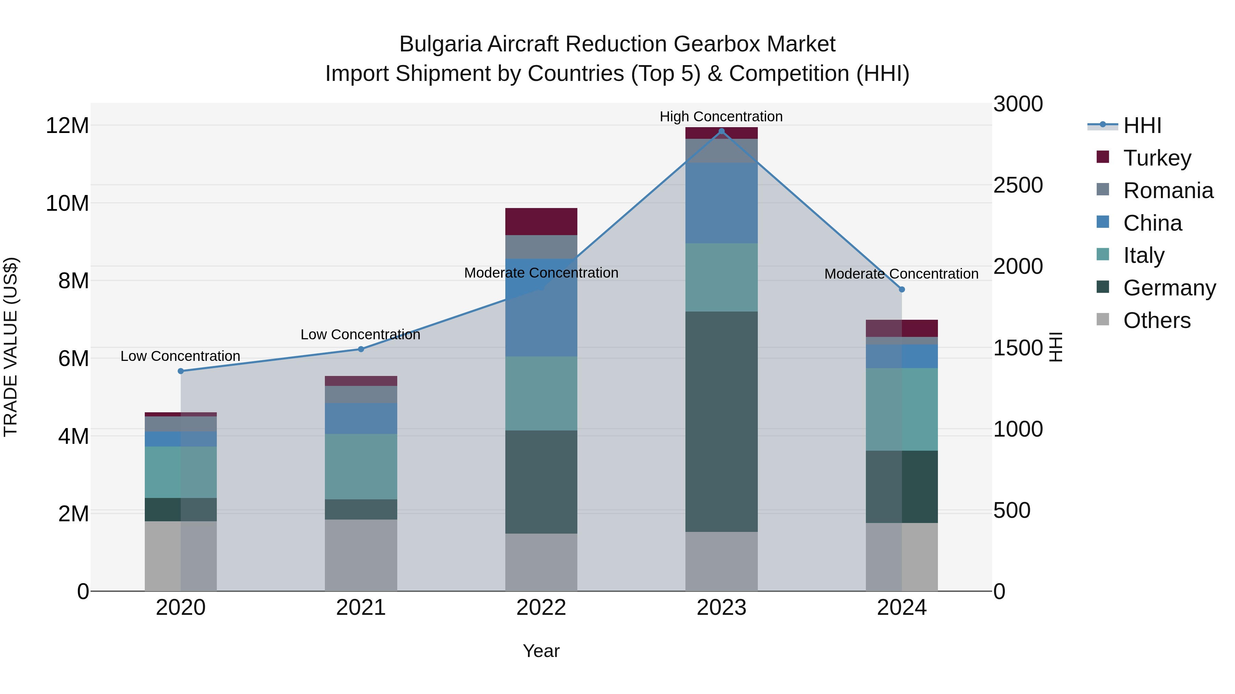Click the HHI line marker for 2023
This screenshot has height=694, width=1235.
tap(721, 131)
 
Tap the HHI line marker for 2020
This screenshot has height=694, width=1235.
tap(181, 371)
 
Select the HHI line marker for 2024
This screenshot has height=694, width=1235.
tap(902, 290)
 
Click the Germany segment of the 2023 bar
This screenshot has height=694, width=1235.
tap(721, 422)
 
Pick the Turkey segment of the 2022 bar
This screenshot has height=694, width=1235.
tap(541, 221)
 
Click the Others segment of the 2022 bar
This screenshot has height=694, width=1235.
tap(541, 562)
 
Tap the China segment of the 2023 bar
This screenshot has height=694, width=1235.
tap(721, 203)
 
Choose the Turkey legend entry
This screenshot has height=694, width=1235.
tap(1157, 158)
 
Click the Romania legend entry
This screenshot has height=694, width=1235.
tap(1168, 191)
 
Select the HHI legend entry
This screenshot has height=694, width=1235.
tap(1142, 125)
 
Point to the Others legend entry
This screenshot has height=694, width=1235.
tap(1156, 320)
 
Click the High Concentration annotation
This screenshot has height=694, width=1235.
tap(721, 117)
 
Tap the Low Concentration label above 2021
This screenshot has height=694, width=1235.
tap(361, 334)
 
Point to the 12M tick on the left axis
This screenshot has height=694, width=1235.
tap(67, 126)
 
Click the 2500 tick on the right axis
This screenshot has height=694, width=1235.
tap(1018, 185)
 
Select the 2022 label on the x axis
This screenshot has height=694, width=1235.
tap(541, 608)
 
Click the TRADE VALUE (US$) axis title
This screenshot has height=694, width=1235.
tap(11, 347)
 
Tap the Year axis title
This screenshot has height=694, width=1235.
tap(541, 651)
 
